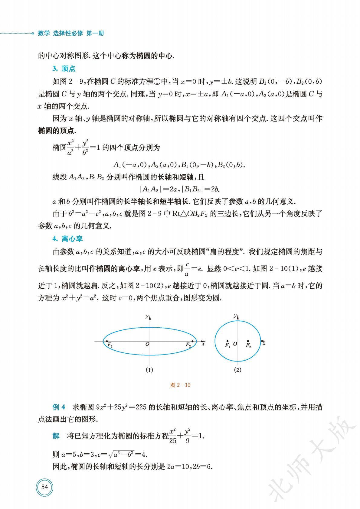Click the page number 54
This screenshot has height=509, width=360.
pyautogui.click(x=44, y=487)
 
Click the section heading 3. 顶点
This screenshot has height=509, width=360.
pyautogui.click(x=64, y=69)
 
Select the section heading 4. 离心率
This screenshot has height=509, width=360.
pyautogui.click(x=67, y=238)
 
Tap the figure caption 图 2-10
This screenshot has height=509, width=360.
pyautogui.click(x=180, y=385)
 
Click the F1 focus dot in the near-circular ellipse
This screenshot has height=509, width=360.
pyautogui.click(x=227, y=341)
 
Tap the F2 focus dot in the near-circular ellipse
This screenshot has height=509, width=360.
pyautogui.click(x=248, y=341)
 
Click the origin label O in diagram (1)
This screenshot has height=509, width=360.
pyautogui.click(x=147, y=344)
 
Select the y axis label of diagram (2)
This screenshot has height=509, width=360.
pyautogui.click(x=235, y=316)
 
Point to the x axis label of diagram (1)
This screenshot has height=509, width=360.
pyautogui.click(x=203, y=344)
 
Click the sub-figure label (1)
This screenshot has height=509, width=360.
pyautogui.click(x=149, y=370)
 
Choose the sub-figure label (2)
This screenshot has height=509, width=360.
pyautogui.click(x=237, y=370)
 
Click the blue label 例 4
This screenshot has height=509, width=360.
pyautogui.click(x=59, y=407)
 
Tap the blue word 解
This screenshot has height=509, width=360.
pyautogui.click(x=56, y=436)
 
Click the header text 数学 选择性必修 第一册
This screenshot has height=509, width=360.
pyautogui.click(x=71, y=34)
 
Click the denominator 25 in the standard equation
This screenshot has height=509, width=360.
pyautogui.click(x=172, y=440)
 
